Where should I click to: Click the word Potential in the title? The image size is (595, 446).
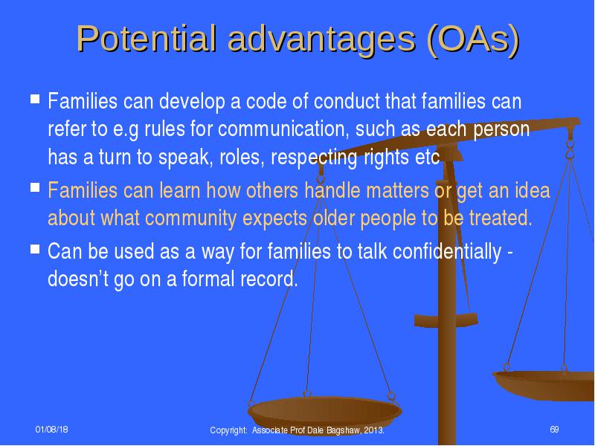point(147,39)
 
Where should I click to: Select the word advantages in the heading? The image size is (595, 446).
point(321,41)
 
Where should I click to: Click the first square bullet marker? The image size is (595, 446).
point(35,99)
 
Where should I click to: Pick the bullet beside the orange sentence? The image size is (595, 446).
point(35,187)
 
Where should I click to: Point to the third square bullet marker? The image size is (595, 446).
point(35,249)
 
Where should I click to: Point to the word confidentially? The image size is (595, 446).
point(447,251)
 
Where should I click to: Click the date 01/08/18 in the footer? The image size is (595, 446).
point(51,430)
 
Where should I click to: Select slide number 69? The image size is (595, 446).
point(554,430)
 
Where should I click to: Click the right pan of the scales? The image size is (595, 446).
point(544,385)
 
